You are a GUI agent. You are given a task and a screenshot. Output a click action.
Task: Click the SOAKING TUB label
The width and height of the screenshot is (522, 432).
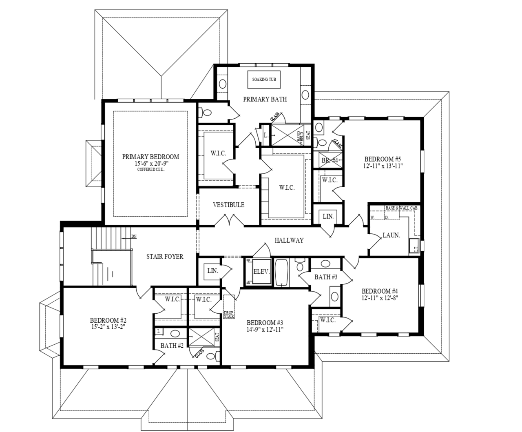coord(264,79)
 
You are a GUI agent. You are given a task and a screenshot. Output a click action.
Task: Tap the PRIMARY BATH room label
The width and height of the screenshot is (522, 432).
coord(265,99)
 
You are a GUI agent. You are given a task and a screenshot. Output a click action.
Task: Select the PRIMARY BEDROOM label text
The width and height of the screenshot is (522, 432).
coord(150,157)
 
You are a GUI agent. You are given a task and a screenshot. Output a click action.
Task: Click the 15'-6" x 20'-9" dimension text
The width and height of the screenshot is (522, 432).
coord(150,163)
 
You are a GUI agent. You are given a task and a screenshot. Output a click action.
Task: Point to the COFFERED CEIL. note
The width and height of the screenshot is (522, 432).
coord(150,169)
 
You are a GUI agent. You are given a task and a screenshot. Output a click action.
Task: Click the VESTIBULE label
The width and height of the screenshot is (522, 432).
coord(228,205)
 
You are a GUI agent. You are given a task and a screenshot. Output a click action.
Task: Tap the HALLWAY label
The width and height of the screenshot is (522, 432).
coord(289,240)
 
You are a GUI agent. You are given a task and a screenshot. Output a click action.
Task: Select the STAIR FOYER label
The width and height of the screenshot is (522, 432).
coord(165,257)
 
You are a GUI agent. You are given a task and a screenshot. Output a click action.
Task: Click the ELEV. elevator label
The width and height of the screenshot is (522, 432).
coord(261,271)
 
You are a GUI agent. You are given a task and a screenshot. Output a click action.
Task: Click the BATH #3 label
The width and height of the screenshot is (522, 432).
coord(325,277)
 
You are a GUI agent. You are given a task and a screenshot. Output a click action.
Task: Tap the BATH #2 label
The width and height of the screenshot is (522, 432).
coord(172,346)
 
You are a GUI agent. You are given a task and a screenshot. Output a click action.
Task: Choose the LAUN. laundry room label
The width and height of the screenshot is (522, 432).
coord(391,235)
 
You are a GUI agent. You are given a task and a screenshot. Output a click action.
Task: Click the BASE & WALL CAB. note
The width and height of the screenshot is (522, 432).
coord(402,208)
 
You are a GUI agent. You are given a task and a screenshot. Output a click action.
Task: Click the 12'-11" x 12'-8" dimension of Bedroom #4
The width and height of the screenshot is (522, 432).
coord(380,298)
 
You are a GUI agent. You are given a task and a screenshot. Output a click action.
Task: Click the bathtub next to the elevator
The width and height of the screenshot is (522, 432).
coord(281,272)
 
